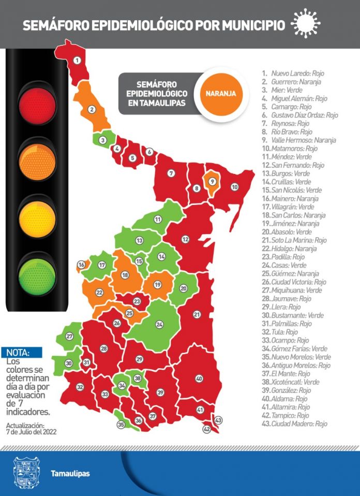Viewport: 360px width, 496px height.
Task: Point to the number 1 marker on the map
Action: tap(77, 61)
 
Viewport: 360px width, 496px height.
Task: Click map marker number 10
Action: tap(234, 187)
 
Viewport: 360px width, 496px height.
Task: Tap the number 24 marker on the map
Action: tap(160, 324)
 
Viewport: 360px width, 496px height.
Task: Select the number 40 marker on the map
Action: tap(199, 378)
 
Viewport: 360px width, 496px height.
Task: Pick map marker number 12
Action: tap(185, 239)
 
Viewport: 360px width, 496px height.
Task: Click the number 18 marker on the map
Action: tap(125, 275)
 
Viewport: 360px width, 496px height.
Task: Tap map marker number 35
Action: tap(121, 424)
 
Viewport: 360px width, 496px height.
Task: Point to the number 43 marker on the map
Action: tap(218, 420)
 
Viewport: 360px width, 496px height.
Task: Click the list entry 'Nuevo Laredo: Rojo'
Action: tap(293, 74)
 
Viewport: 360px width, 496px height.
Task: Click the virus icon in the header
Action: tap(306, 23)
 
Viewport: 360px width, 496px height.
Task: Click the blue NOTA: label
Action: tap(18, 353)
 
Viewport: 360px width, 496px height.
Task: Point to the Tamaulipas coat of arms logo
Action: tap(25, 473)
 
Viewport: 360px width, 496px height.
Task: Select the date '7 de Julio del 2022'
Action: tap(31, 431)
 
